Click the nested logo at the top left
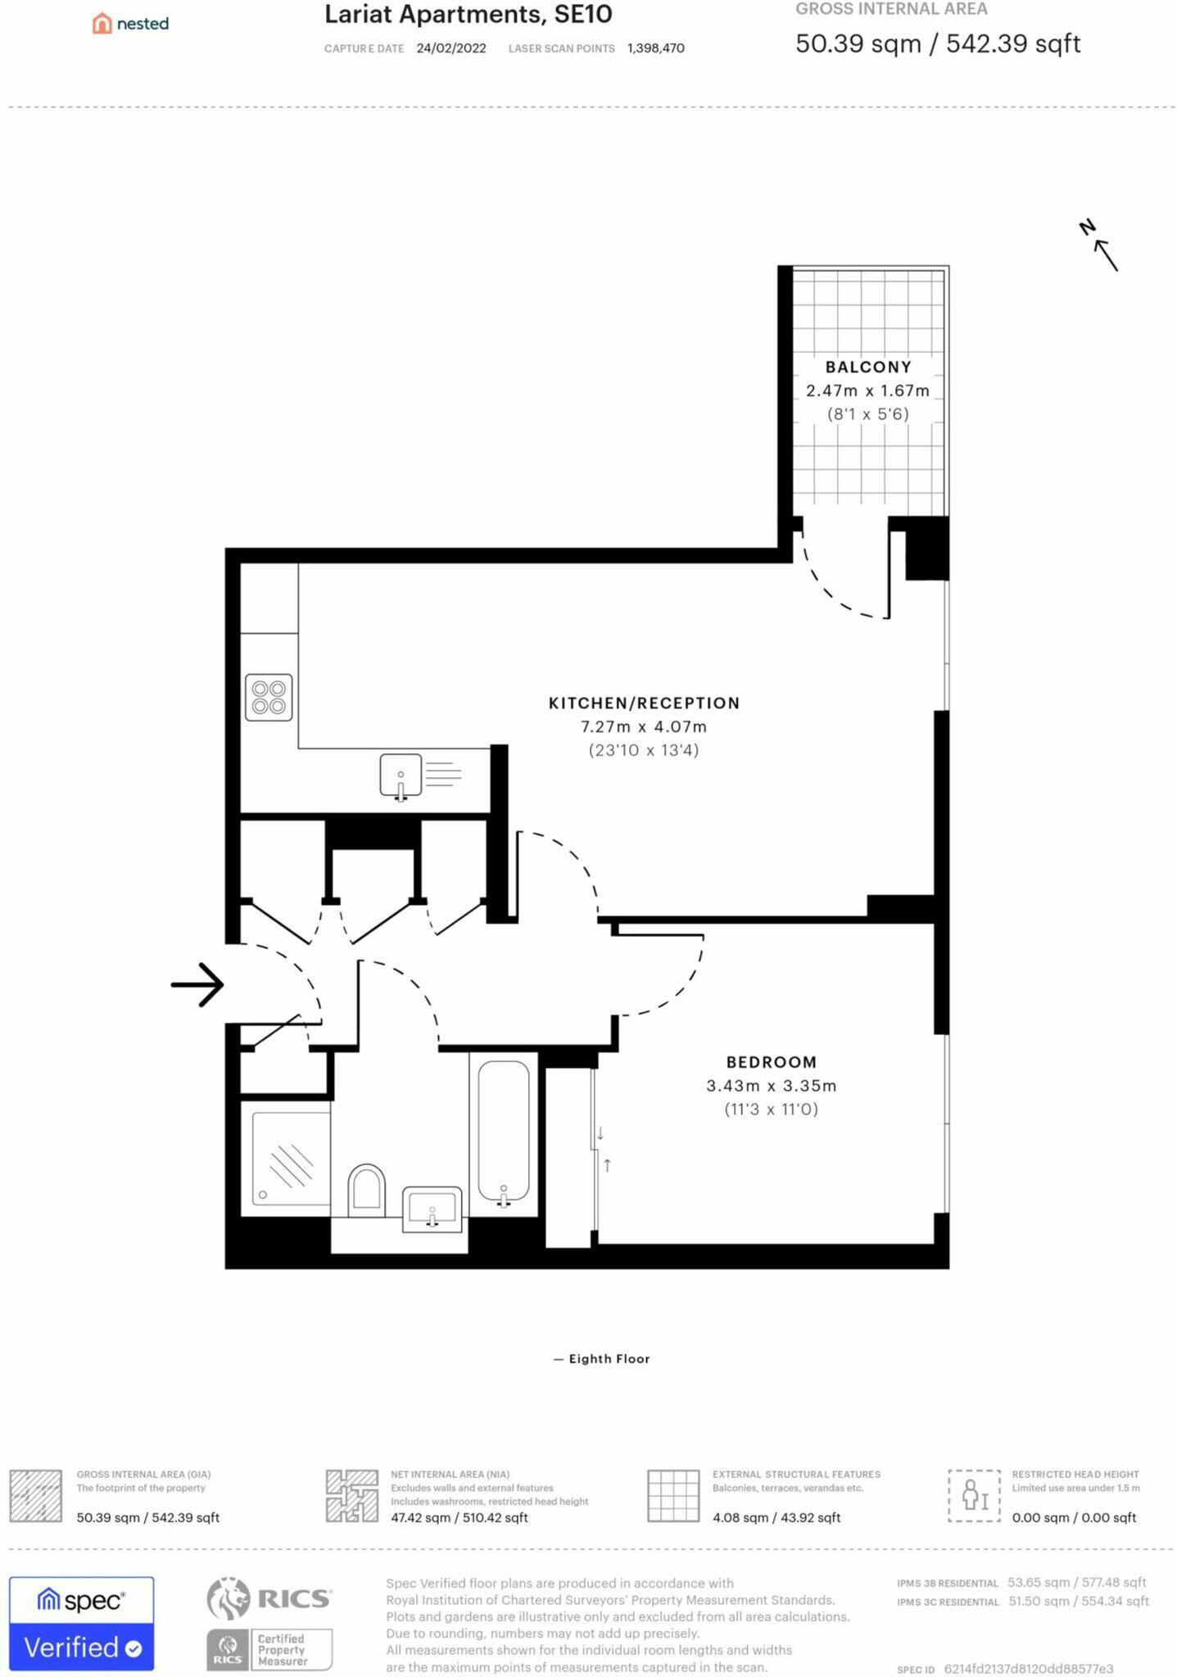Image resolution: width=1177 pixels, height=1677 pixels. pyautogui.click(x=130, y=23)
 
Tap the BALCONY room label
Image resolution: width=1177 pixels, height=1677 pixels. pyautogui.click(x=868, y=367)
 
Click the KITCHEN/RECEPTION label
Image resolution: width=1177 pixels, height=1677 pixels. pyautogui.click(x=644, y=703)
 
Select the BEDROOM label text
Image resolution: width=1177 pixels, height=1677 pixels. pyautogui.click(x=772, y=1062)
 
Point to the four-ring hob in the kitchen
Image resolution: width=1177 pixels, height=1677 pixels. pyautogui.click(x=269, y=697)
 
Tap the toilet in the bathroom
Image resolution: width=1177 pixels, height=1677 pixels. pyautogui.click(x=366, y=1191)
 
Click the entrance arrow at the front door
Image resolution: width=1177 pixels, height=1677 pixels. pyautogui.click(x=197, y=984)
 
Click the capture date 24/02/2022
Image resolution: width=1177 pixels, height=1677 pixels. pyautogui.click(x=451, y=48)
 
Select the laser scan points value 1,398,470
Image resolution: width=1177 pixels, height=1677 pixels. pyautogui.click(x=656, y=48)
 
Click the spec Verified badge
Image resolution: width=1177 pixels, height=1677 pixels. pyautogui.click(x=81, y=1624)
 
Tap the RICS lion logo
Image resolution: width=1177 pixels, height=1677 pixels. pyautogui.click(x=229, y=1598)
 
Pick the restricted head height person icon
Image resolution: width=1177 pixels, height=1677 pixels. pyautogui.click(x=975, y=1495)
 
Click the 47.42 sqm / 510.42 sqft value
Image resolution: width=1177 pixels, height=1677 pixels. pyautogui.click(x=459, y=1517)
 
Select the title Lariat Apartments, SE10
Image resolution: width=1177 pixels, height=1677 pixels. pyautogui.click(x=469, y=14)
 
